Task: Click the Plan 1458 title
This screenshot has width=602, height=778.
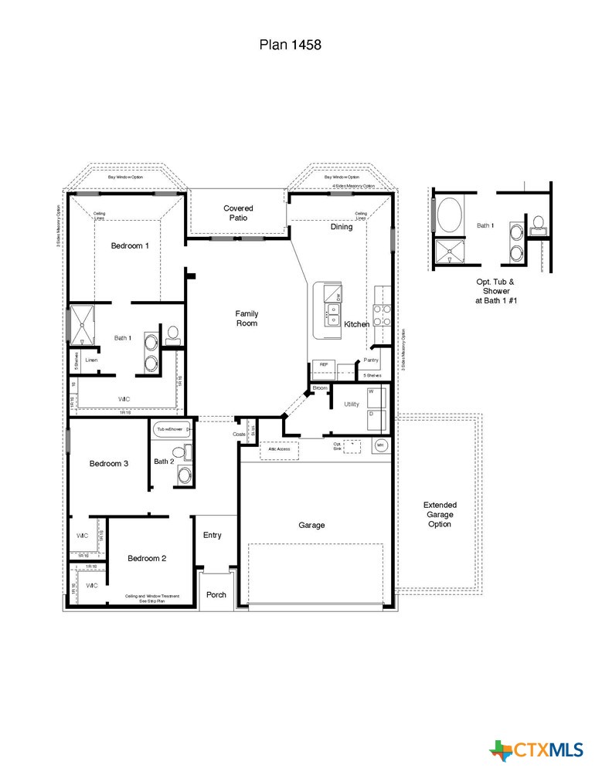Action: pos(290,46)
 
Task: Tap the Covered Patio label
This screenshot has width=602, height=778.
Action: pos(238,213)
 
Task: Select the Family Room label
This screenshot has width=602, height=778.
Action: pos(247,318)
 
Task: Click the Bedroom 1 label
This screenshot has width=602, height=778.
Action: pos(130,245)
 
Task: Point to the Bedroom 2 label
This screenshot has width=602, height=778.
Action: pos(147,558)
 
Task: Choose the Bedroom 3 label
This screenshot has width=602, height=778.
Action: pos(108,464)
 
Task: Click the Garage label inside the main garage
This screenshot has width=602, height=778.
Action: pos(311,525)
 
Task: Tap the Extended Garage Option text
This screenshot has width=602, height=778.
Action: pos(440,514)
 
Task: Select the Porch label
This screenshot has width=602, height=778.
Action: pos(216,595)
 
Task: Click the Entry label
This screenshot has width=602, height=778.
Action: pos(213,535)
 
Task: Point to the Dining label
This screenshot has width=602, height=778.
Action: pos(342,227)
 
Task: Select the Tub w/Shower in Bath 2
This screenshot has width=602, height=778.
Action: pos(170,429)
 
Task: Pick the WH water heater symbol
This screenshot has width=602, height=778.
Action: pos(380,445)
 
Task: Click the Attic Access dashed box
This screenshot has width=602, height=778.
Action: pos(279,449)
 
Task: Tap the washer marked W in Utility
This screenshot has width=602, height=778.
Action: pos(376,397)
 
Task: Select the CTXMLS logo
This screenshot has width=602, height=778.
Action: pos(536,749)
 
